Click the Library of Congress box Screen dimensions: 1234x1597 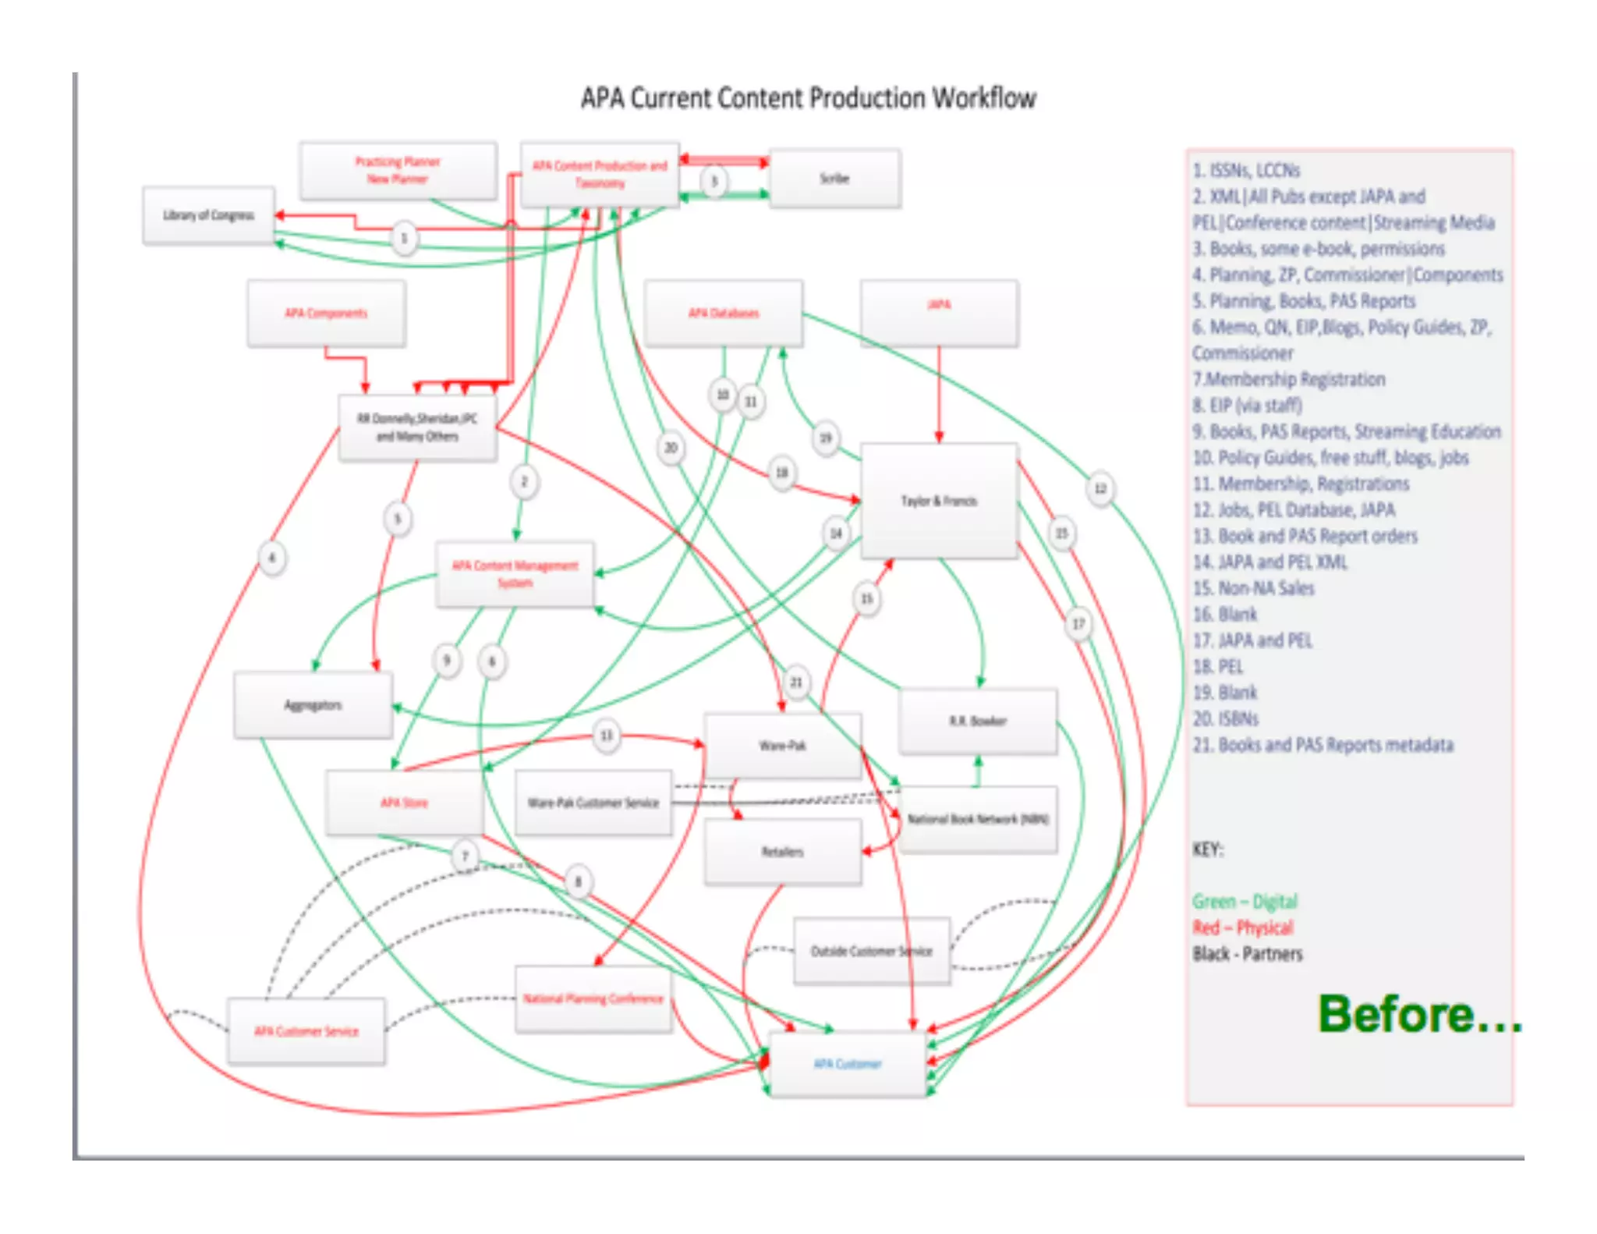click(208, 215)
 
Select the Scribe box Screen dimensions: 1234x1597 click(834, 179)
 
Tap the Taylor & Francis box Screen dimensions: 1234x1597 click(939, 501)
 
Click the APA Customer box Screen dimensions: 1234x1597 click(848, 1064)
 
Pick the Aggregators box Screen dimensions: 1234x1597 click(313, 705)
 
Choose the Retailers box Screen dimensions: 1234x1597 click(783, 852)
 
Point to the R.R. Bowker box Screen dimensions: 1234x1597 click(978, 722)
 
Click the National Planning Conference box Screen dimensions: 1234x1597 click(593, 999)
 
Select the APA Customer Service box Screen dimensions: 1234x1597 click(306, 1031)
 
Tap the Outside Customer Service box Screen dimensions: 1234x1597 click(872, 951)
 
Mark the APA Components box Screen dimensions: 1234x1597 click(326, 313)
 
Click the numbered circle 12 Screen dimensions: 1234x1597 click(1100, 489)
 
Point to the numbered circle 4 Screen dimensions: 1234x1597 click(272, 558)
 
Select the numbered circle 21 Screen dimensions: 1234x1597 click(796, 683)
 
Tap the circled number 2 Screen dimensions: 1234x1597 click(524, 482)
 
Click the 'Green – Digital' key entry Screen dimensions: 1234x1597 click(1245, 902)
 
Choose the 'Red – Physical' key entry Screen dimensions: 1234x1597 click(1242, 927)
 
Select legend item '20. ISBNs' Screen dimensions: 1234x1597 click(1226, 718)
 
